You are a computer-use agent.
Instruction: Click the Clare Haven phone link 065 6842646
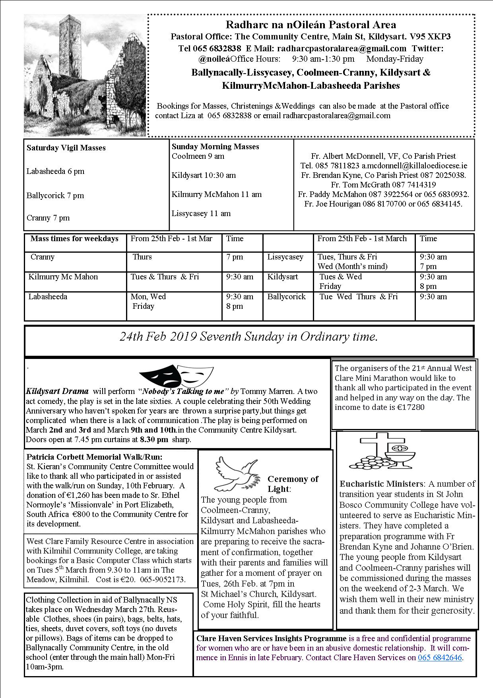[x=440, y=657]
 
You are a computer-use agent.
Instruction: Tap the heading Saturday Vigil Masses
[x=66, y=148]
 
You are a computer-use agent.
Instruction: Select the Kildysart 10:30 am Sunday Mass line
[x=204, y=175]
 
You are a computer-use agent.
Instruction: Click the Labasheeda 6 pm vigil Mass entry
[x=55, y=172]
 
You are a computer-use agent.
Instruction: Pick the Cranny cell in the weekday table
[x=43, y=257]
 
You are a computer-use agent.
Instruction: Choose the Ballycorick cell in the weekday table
[x=287, y=297]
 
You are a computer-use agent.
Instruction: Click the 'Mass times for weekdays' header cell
[x=74, y=239]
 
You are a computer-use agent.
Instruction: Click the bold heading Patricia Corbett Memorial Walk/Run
[x=95, y=457]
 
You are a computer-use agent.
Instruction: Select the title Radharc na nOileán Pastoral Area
[x=311, y=25]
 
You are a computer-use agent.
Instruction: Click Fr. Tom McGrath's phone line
[x=383, y=185]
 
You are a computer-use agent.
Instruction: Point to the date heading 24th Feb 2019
[x=159, y=337]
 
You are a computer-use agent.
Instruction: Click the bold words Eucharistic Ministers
[x=381, y=484]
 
